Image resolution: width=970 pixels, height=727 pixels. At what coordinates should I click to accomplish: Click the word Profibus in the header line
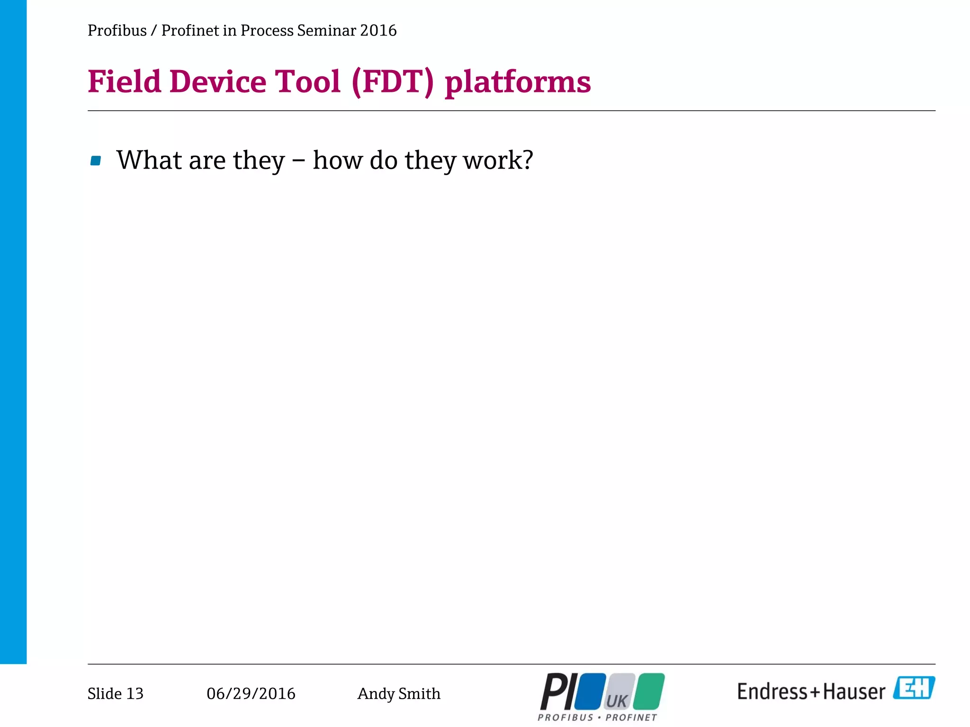(x=117, y=31)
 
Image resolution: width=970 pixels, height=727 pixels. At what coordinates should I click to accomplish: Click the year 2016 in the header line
(x=378, y=31)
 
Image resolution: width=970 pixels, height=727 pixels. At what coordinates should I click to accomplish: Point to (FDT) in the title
(x=393, y=82)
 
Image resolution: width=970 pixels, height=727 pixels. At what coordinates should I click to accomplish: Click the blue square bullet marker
(x=96, y=161)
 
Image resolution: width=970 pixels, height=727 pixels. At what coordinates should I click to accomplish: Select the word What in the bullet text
(x=149, y=160)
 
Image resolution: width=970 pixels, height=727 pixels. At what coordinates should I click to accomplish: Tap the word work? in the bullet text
(x=498, y=160)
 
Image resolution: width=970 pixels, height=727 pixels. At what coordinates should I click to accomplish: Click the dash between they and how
(x=298, y=161)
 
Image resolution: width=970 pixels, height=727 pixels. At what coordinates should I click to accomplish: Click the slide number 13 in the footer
(x=135, y=693)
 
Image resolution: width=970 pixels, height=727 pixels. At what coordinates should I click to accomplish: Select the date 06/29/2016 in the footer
(x=251, y=693)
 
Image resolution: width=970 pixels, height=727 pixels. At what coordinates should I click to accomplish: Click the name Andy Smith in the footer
(x=399, y=693)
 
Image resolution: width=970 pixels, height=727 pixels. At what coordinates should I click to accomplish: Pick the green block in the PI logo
(x=649, y=691)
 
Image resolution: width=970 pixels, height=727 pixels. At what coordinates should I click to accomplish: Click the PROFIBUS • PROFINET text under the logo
(x=597, y=718)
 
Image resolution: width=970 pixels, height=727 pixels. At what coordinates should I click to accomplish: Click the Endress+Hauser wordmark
(x=811, y=692)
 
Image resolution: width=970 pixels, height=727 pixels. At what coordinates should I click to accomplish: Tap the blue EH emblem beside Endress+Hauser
(x=914, y=688)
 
